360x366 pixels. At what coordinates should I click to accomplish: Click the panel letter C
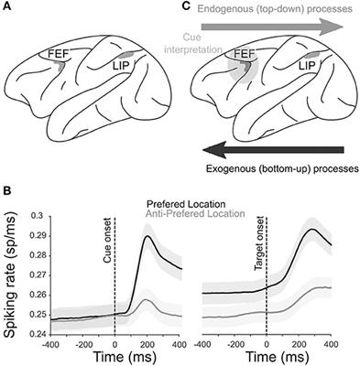click(189, 6)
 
